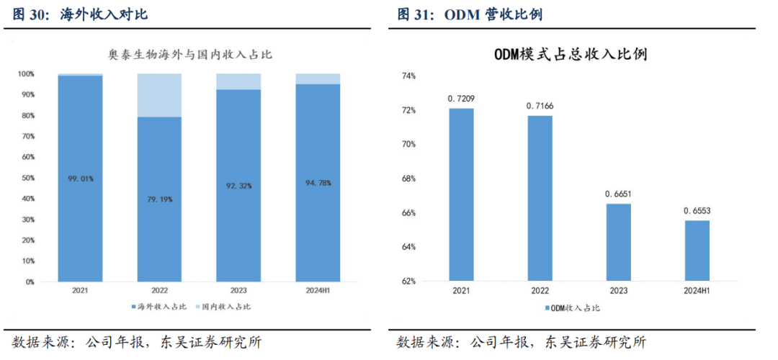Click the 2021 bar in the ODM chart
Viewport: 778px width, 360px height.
click(461, 194)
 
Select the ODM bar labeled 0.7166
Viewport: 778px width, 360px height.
click(540, 198)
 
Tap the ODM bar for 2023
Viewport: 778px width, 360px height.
click(618, 242)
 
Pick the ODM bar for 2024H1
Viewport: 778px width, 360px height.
click(697, 251)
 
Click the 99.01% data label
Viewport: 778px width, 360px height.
click(80, 179)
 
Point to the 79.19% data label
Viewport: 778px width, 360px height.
click(159, 199)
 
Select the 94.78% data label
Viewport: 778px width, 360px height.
click(318, 183)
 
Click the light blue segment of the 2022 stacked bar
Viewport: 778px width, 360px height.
click(159, 95)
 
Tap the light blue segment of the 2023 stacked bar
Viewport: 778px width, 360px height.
click(238, 81)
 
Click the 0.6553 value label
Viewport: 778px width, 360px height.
click(697, 211)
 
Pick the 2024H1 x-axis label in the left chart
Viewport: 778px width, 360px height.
click(318, 291)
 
